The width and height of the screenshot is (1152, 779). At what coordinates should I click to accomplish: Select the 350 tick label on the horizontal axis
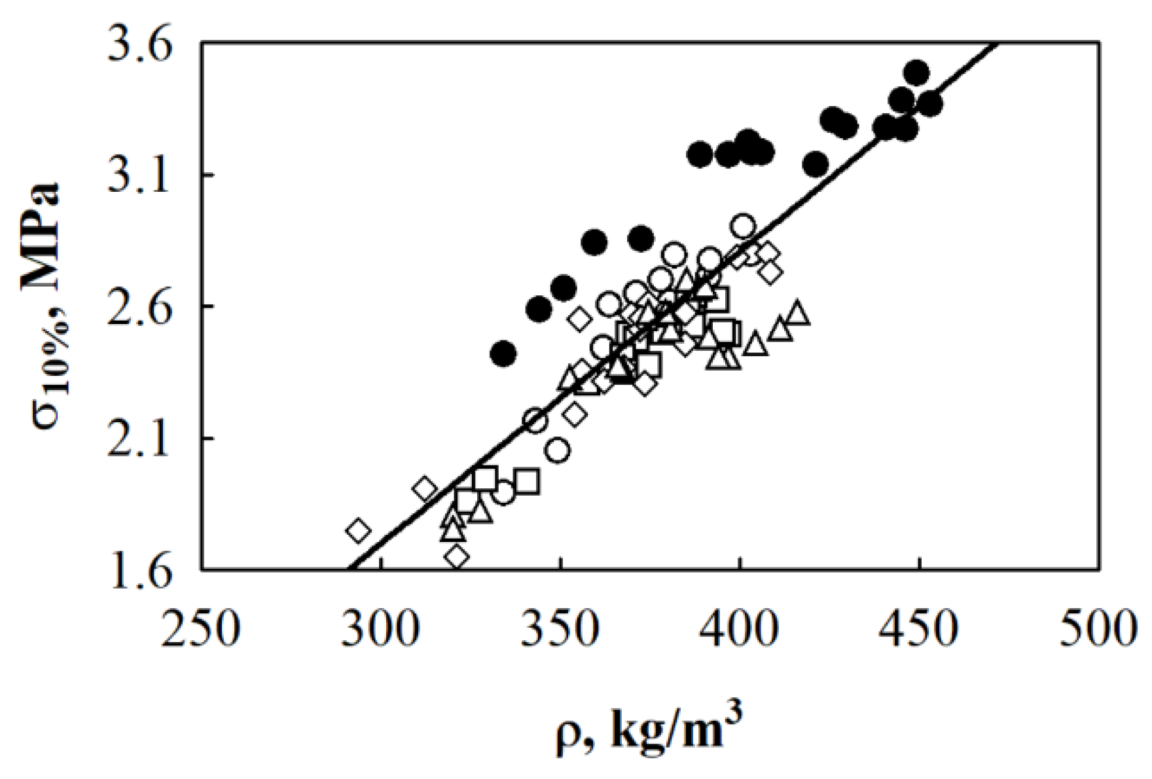point(560,629)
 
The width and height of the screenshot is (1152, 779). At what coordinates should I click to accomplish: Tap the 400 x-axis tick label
point(740,629)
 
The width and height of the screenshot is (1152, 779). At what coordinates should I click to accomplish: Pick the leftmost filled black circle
point(503,354)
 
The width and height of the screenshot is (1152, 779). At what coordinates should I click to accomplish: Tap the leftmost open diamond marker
point(358,530)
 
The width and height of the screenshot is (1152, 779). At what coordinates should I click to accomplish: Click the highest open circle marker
point(743,226)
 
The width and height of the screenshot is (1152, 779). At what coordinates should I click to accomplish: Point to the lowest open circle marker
point(503,493)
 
